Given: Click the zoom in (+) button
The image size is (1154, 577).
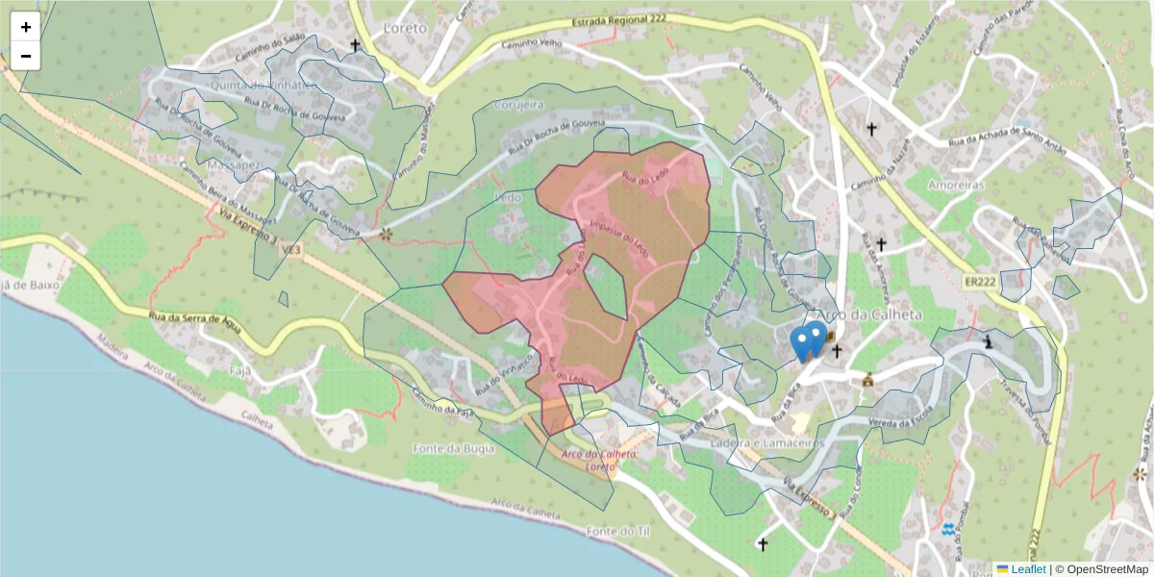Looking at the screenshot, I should pos(25,27).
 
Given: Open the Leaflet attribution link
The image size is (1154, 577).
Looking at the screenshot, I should pos(1028,569).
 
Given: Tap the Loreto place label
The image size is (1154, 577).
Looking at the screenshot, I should pos(404,28).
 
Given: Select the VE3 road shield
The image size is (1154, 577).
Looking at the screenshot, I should pos(290,250).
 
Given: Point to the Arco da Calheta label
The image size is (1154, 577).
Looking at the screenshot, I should pos(868,314).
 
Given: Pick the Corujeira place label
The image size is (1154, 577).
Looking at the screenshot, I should pos(518,103).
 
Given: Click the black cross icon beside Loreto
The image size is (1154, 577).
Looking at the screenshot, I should pos(355,45).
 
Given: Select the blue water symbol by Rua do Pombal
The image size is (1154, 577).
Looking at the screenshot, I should pos(949,529).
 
